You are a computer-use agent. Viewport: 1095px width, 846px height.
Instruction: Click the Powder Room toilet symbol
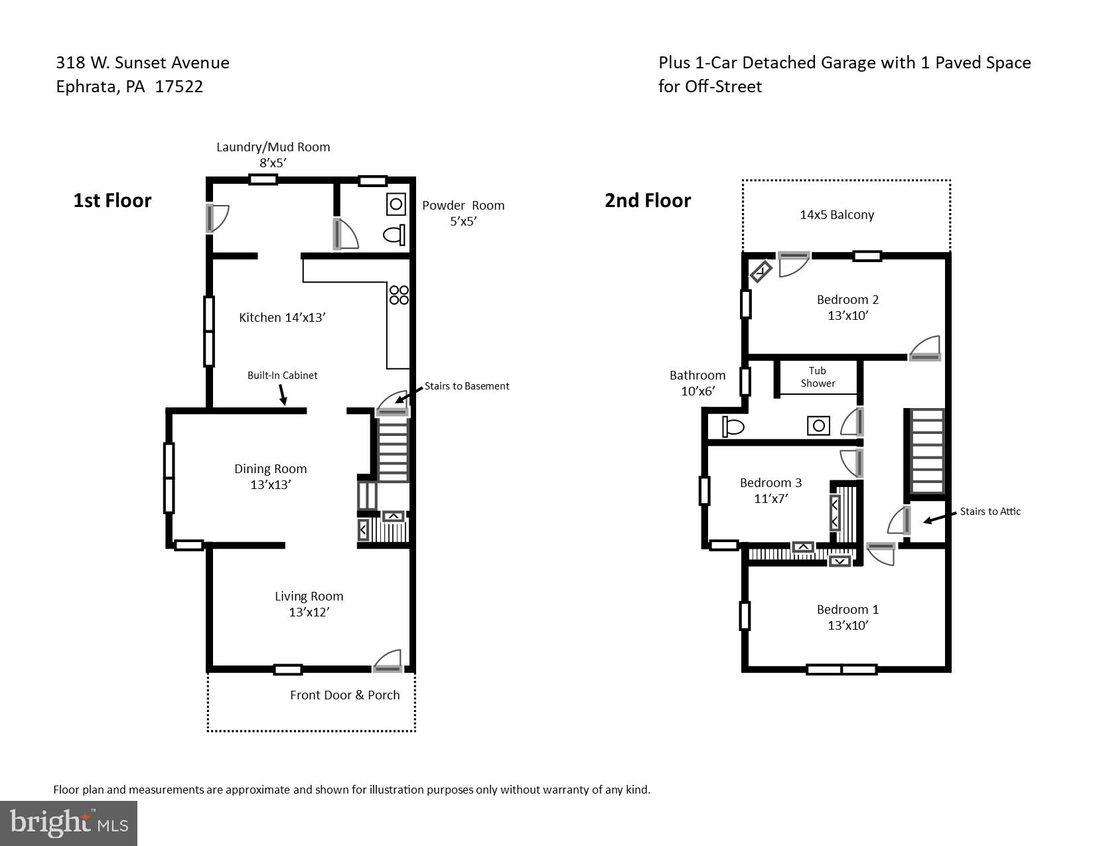394,235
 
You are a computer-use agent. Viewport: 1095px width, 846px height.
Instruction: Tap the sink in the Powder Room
396,204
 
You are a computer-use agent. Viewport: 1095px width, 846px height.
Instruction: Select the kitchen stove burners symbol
399,295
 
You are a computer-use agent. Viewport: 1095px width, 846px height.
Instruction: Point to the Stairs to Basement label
467,386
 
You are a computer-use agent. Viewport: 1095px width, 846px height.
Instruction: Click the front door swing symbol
388,662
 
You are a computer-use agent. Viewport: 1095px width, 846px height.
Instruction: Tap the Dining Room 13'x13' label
270,476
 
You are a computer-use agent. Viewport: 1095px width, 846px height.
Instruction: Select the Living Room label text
309,597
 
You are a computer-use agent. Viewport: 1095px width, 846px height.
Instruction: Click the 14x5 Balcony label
837,215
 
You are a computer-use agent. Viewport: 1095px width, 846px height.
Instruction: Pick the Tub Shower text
818,377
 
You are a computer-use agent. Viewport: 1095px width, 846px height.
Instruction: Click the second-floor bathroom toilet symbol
733,426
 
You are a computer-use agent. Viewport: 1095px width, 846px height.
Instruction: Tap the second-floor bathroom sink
818,425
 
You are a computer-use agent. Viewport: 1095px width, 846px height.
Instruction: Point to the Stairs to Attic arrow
937,518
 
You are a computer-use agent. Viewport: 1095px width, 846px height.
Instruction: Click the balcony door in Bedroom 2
794,263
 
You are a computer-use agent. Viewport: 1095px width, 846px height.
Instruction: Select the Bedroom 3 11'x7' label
770,490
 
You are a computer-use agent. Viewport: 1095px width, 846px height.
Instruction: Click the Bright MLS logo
68,823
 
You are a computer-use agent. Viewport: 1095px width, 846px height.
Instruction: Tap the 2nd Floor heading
647,200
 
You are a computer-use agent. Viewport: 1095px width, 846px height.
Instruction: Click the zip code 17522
179,87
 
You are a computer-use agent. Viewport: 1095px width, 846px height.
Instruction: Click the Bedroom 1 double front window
841,670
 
